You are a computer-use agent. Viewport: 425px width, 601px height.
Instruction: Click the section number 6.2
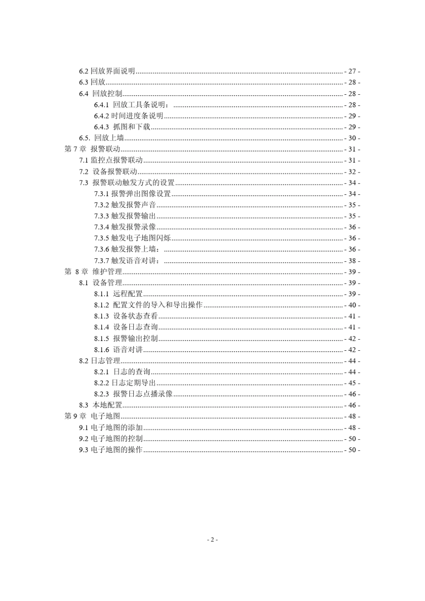[84, 71]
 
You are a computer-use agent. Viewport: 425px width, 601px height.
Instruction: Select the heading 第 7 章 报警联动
[92, 149]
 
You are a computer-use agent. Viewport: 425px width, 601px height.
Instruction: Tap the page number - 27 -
[352, 71]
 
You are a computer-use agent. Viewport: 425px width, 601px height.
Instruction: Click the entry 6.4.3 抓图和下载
[122, 127]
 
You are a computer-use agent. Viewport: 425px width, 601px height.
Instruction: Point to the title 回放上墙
[109, 138]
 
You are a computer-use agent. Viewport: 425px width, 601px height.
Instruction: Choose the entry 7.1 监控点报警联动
[111, 160]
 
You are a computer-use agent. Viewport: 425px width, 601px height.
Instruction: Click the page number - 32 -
[352, 172]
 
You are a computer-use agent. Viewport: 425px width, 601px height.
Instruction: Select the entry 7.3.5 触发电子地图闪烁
[132, 238]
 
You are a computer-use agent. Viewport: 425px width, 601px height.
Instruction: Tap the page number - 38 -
[352, 261]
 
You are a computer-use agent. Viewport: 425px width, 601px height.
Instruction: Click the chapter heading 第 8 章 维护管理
[93, 272]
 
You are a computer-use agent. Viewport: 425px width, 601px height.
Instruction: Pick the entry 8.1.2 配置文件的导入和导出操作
[148, 305]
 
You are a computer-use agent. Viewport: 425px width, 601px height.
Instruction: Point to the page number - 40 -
[352, 305]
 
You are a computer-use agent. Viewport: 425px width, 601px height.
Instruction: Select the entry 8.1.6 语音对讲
[118, 350]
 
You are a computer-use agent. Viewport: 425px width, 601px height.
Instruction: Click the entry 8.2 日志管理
[100, 361]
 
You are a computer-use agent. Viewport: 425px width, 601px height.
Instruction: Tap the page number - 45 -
[352, 383]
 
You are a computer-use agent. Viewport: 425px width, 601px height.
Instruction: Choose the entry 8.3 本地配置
[101, 405]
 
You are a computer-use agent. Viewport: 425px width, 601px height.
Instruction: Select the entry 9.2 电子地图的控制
[111, 439]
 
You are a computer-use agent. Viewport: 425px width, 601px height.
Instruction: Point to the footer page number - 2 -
[212, 540]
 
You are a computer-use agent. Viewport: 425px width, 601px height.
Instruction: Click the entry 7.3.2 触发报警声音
[125, 205]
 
